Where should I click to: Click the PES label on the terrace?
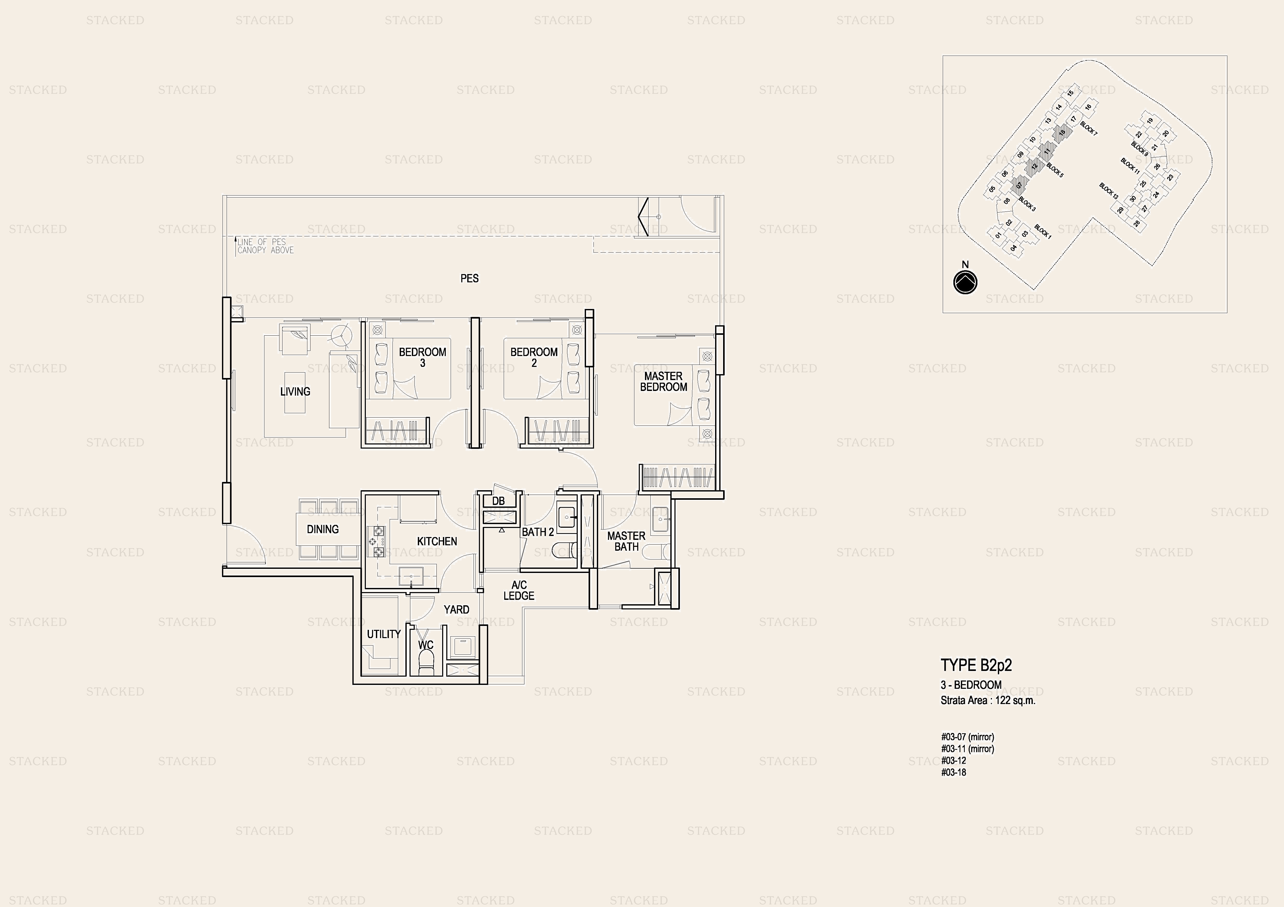(469, 278)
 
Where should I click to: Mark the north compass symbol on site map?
(965, 282)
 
